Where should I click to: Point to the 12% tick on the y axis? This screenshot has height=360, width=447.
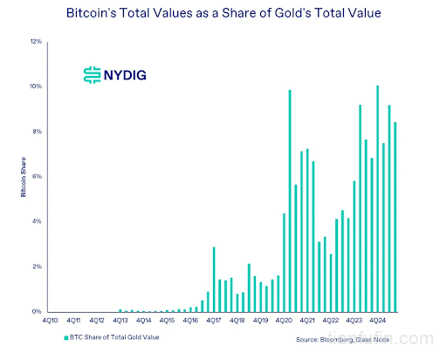click(x=36, y=41)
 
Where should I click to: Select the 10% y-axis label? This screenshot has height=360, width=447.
click(x=36, y=87)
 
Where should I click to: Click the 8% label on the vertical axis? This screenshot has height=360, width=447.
click(x=37, y=131)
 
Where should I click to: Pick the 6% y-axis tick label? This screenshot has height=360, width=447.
click(x=37, y=177)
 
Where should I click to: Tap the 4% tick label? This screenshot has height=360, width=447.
click(x=37, y=221)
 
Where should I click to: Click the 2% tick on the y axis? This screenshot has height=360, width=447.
click(x=37, y=267)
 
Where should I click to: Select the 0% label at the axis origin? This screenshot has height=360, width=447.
click(x=37, y=311)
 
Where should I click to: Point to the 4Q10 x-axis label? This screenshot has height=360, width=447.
click(x=52, y=322)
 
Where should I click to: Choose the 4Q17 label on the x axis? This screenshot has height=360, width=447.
click(x=213, y=322)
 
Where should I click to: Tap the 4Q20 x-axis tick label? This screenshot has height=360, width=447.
click(x=283, y=322)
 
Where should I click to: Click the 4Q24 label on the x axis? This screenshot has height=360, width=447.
click(x=376, y=322)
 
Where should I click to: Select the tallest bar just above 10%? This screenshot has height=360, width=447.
click(x=377, y=198)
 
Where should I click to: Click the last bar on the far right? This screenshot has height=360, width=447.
click(x=395, y=217)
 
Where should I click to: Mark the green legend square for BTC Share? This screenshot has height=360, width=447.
click(x=65, y=336)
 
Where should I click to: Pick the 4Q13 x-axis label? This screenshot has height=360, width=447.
click(x=120, y=322)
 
